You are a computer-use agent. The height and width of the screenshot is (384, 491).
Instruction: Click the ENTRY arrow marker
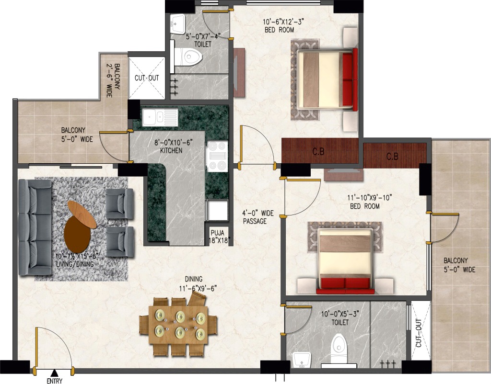(55, 373)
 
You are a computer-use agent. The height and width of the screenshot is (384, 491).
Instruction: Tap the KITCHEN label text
(171, 150)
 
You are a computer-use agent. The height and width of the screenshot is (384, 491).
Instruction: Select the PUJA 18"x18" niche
(219, 237)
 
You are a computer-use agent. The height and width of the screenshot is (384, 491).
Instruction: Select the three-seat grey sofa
(35, 227)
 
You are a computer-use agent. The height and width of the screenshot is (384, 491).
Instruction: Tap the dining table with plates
(178, 325)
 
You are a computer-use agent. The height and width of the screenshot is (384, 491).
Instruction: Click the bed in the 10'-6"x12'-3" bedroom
(326, 79)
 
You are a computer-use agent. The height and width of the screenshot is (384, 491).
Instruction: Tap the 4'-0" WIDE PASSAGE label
(258, 217)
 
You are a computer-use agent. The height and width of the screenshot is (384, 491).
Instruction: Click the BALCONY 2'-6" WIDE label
(113, 80)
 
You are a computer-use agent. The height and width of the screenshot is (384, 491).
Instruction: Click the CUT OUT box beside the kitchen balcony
(147, 78)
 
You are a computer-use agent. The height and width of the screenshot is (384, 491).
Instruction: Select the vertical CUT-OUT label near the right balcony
(418, 333)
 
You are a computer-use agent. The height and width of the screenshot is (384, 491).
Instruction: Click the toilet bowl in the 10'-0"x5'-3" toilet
(338, 348)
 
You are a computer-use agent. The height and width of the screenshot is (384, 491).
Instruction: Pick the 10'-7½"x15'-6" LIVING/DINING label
(75, 260)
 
